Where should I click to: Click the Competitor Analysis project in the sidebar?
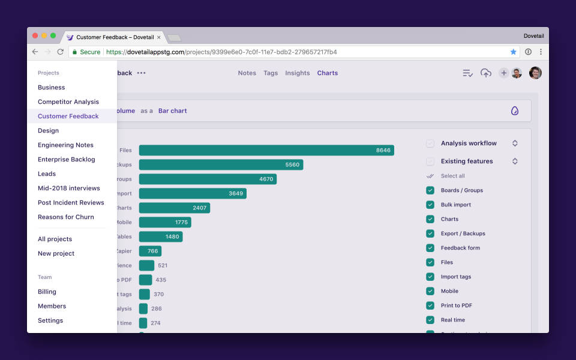[68, 102]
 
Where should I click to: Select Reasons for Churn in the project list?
[66, 217]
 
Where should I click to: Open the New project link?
[56, 253]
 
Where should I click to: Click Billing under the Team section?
[47, 292]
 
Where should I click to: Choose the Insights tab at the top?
[297, 73]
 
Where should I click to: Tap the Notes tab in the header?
[247, 73]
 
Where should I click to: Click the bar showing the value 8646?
[266, 150]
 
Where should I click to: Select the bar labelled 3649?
[192, 193]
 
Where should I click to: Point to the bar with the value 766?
[150, 251]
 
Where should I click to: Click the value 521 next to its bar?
[163, 265]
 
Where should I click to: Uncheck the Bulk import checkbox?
[430, 205]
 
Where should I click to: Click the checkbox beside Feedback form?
[430, 248]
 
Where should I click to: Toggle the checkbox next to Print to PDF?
[430, 305]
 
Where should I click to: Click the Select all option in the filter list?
[452, 176]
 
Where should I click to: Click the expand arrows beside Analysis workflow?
[515, 143]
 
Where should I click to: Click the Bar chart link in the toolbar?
[172, 111]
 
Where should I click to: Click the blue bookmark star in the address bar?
[513, 52]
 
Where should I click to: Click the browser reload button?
[60, 52]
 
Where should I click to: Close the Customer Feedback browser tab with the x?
[158, 37]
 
